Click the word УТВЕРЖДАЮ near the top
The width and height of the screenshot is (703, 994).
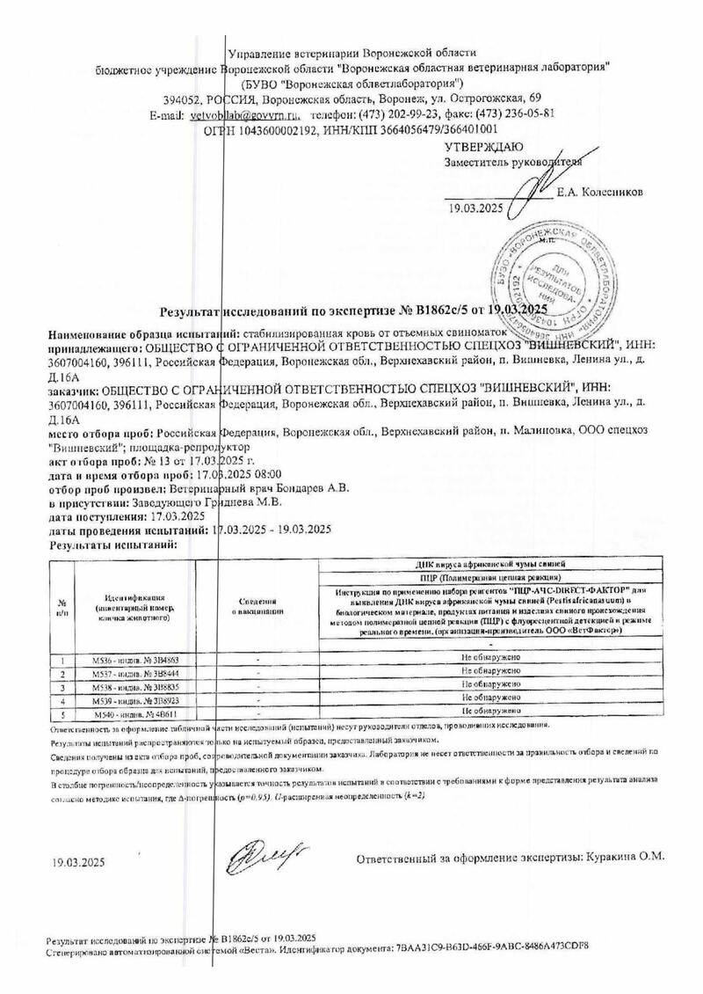(x=484, y=146)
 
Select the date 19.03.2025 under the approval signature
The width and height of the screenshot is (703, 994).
(x=475, y=208)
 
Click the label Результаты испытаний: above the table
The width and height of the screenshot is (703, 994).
(x=101, y=545)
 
